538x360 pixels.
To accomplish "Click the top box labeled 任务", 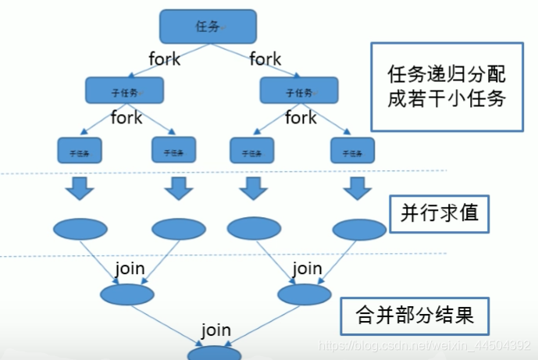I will click(x=208, y=27).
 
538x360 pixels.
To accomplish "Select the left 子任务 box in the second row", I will click(x=124, y=91).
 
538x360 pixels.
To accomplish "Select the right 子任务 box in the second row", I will click(x=298, y=91).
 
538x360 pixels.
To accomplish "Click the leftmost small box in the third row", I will click(x=80, y=150).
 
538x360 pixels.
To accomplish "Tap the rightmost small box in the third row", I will click(x=351, y=150).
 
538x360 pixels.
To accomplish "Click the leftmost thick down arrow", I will click(x=80, y=188).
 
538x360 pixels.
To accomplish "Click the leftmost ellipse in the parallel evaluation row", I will click(x=80, y=229).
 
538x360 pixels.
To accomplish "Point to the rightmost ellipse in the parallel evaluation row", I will click(x=359, y=229).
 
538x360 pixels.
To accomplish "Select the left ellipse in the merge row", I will click(x=126, y=294).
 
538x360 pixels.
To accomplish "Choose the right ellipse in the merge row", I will click(x=305, y=294).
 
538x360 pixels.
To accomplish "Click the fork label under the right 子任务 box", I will click(x=301, y=118).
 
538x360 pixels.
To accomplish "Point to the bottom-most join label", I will click(x=216, y=330).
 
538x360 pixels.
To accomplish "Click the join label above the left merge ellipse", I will click(x=130, y=269).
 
